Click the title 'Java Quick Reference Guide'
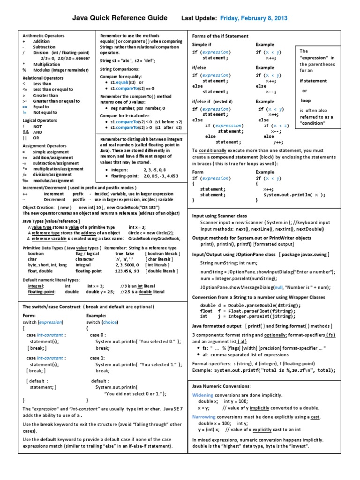(x=119, y=18)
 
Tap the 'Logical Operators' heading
(x=40, y=120)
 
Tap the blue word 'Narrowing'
(x=204, y=417)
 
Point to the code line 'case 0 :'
(x=98, y=335)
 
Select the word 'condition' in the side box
(x=313, y=123)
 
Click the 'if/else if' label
(x=202, y=101)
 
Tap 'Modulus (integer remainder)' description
(x=60, y=70)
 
